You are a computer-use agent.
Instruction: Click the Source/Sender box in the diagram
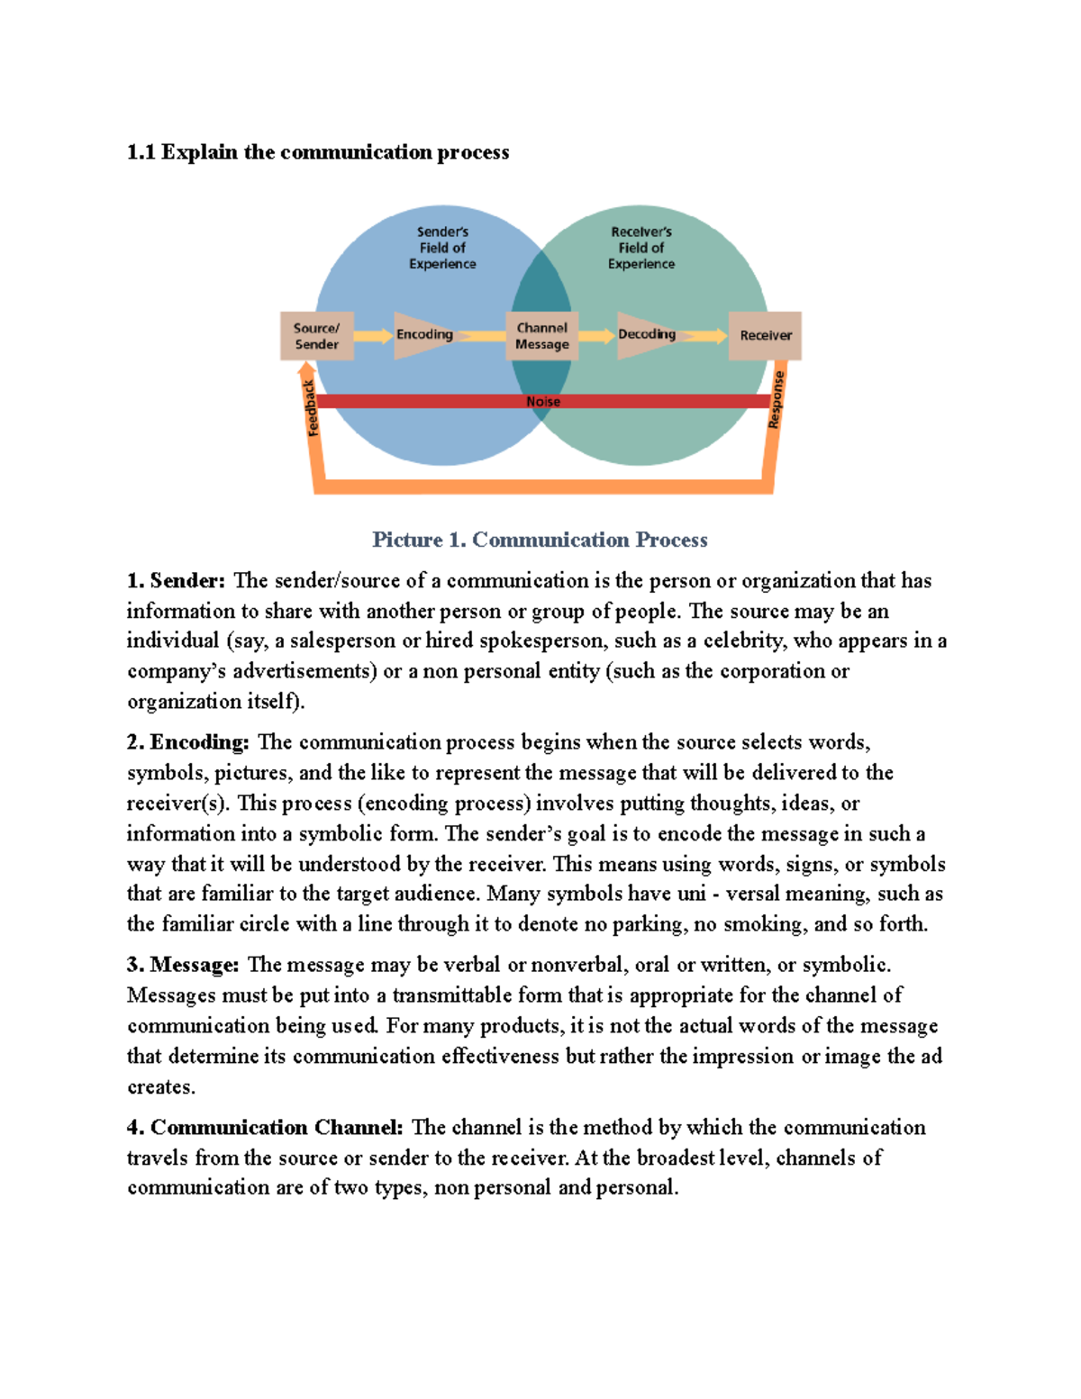(316, 336)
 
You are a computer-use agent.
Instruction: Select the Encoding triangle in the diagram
(423, 335)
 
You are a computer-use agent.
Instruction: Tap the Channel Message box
(541, 336)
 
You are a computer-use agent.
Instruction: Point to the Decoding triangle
(646, 334)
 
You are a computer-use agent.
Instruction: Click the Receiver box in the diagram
(765, 335)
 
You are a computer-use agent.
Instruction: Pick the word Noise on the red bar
(543, 402)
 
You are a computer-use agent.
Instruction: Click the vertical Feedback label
(311, 408)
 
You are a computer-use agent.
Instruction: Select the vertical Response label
(777, 400)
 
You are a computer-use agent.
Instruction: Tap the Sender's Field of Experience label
(442, 248)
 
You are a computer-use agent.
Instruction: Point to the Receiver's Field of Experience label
(641, 248)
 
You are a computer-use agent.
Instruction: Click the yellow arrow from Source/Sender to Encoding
(373, 336)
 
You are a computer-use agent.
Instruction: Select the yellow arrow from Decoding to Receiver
(703, 336)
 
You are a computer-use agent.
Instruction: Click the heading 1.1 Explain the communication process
(318, 152)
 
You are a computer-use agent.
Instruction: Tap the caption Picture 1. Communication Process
(540, 540)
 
